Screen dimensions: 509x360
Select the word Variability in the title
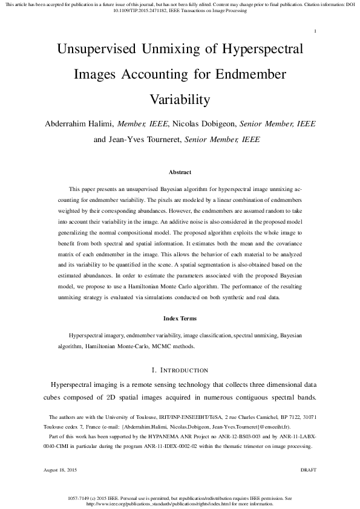[x=180, y=99]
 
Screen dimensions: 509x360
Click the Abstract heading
[x=180, y=172]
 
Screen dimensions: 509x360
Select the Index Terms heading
[x=180, y=318]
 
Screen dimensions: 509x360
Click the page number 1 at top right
[x=315, y=31]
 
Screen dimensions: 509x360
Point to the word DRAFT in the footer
[x=309, y=470]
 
